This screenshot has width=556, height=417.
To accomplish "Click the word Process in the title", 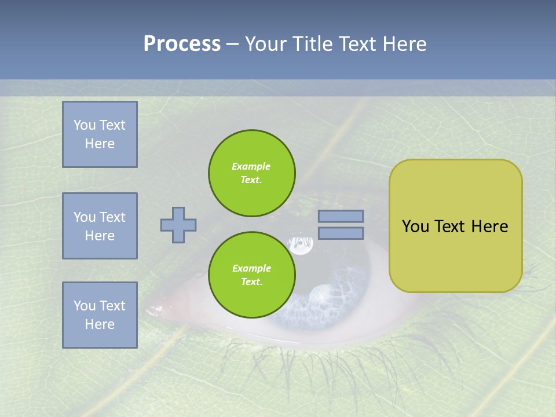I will [182, 44].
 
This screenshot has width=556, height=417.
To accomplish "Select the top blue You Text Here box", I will [100, 134].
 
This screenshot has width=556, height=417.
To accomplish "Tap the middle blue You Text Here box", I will [100, 226].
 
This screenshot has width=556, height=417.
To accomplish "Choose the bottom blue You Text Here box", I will [100, 315].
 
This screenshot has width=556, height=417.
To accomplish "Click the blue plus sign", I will [178, 225].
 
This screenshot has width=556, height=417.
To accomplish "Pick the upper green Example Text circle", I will [251, 173].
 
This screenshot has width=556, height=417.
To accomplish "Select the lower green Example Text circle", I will [251, 275].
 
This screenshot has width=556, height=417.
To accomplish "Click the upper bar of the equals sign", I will [341, 217].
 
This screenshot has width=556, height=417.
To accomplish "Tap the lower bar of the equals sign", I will [341, 233].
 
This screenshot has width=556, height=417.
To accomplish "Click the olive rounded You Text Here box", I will [455, 226].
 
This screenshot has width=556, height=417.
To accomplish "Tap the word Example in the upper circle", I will [251, 166].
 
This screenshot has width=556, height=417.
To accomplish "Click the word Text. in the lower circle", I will [251, 282].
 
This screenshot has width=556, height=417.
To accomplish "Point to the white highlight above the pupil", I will [301, 245].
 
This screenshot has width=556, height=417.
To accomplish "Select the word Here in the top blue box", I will [100, 144].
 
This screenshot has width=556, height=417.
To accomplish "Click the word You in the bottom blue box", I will [85, 306].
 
